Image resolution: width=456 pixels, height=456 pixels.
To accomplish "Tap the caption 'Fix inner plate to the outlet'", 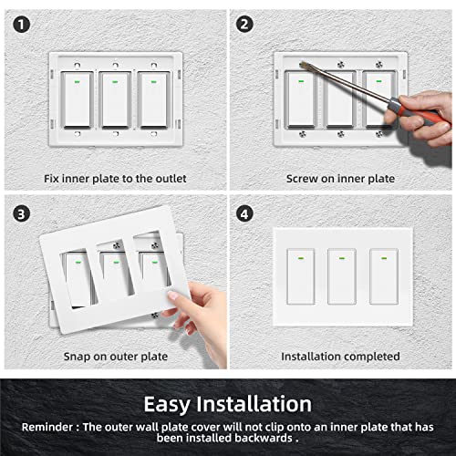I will pos(114,179).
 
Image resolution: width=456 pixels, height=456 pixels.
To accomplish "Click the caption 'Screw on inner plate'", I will pos(340,179).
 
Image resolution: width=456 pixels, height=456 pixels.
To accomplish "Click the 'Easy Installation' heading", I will pos(228,403).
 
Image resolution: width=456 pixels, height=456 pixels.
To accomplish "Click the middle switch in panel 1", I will pos(115,100).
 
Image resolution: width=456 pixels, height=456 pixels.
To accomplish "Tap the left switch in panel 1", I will pos(75,100).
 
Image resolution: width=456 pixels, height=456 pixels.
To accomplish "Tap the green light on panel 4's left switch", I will pos(298,257).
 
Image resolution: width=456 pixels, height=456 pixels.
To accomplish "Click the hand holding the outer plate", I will pos(205,310).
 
